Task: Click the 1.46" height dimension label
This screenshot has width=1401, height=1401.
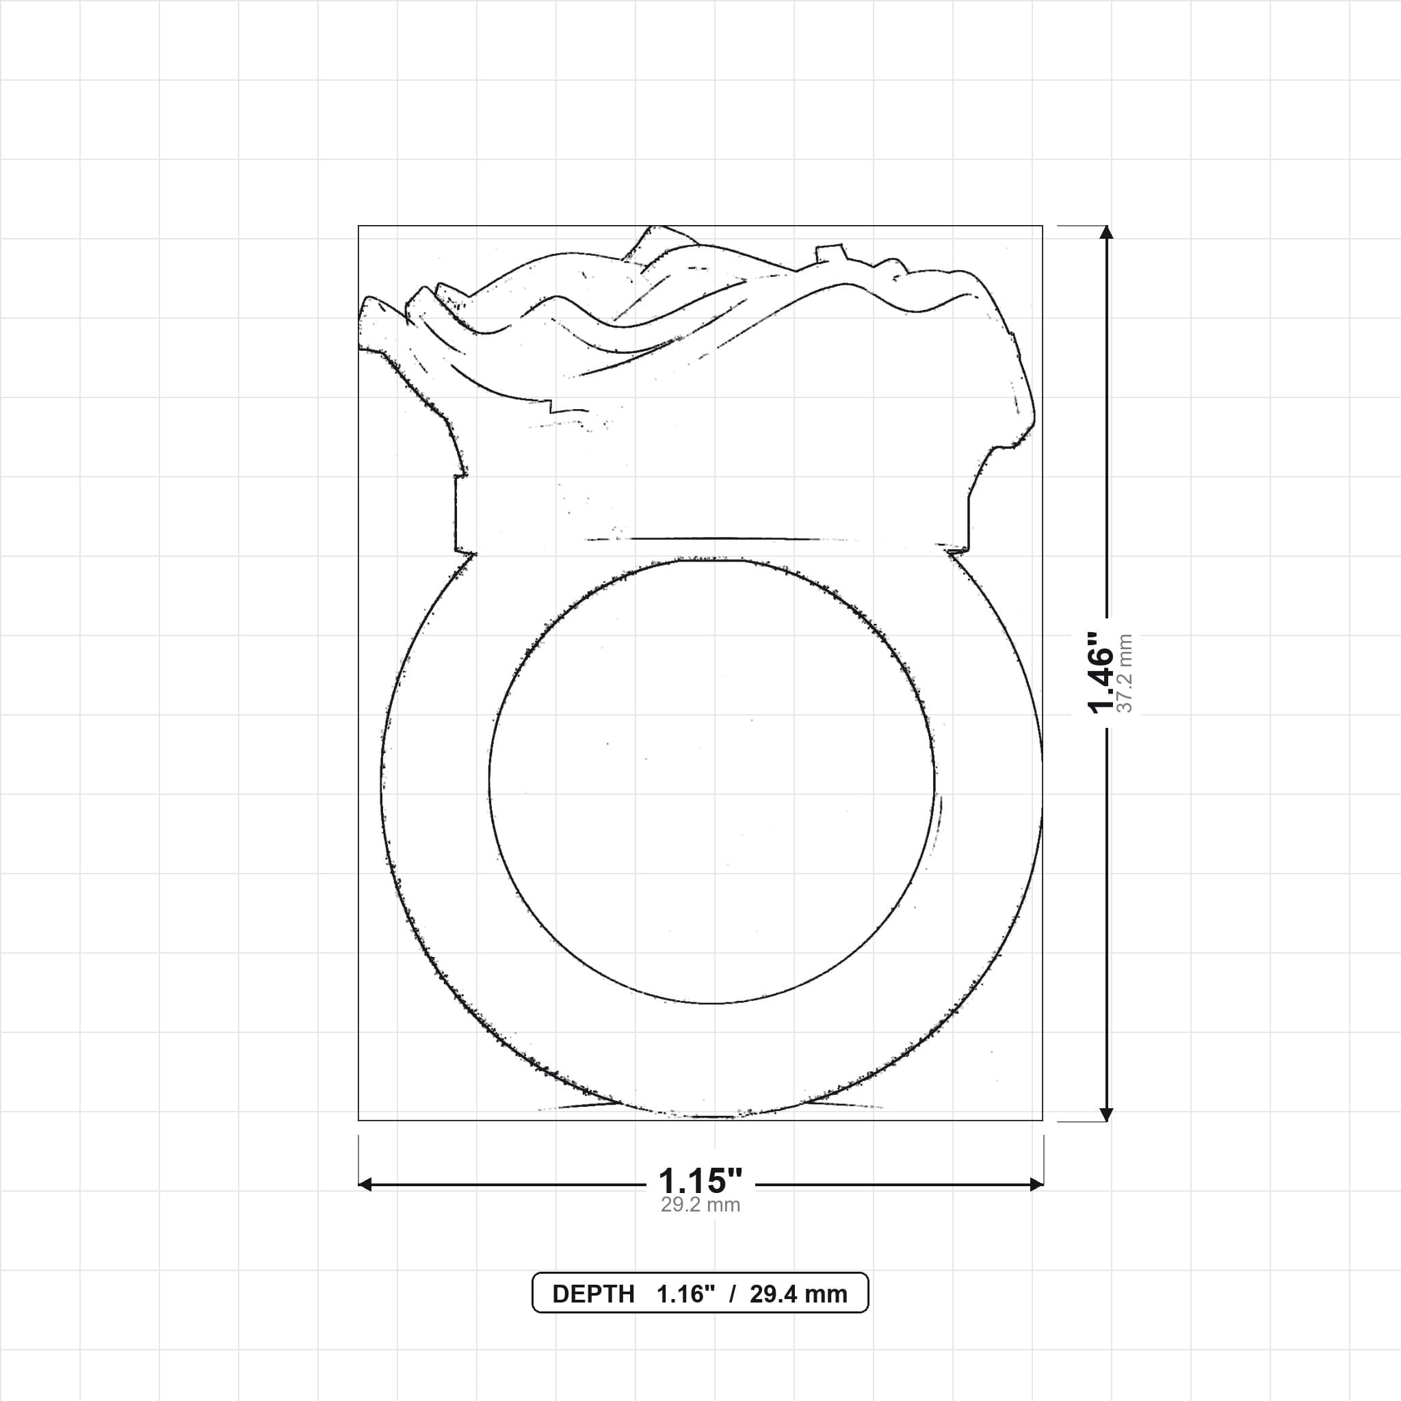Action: pos(1100,672)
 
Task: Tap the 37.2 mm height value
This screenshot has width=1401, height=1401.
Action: pos(1125,674)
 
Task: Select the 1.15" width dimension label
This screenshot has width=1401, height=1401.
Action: pos(700,1181)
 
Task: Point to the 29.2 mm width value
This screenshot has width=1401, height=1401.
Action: pos(700,1205)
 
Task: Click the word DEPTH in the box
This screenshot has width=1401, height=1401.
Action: pos(593,1294)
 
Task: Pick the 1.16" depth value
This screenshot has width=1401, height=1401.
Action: pos(686,1294)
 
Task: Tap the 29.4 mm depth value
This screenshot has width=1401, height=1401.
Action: pos(798,1294)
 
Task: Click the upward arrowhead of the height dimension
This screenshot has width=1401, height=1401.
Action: pos(1106,232)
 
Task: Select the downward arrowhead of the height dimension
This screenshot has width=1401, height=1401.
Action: pos(1106,1114)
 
